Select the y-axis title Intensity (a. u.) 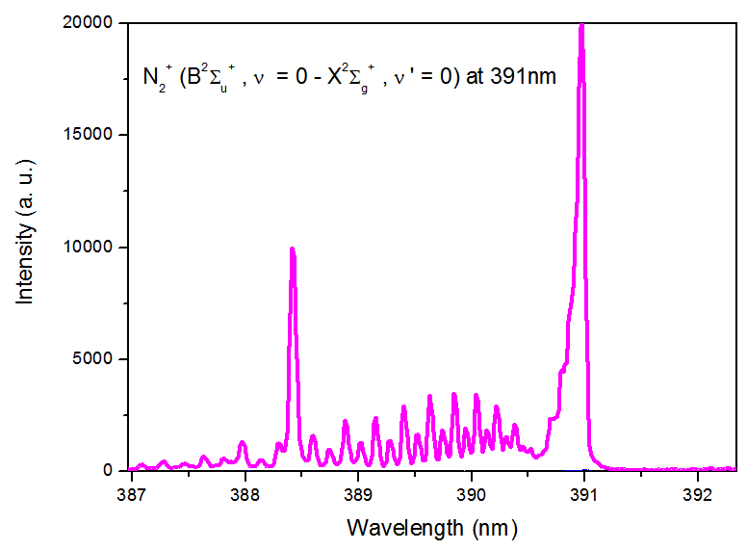click(25, 247)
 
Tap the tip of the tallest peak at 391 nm click(581, 25)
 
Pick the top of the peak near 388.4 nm click(292, 249)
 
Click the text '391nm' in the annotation click(523, 77)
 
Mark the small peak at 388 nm click(243, 443)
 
